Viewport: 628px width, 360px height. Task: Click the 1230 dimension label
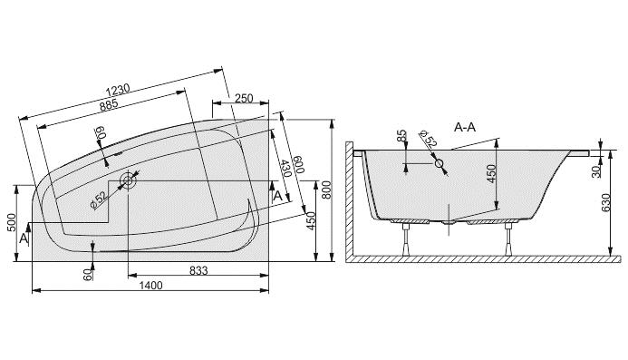coord(118,90)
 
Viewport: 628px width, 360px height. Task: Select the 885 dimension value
coord(109,105)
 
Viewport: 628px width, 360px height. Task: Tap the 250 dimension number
coord(244,98)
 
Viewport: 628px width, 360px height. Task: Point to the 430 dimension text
coord(285,169)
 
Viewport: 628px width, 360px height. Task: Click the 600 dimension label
coord(299,164)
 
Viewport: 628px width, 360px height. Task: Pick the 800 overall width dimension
coord(326,190)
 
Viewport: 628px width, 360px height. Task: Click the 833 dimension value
coord(198,271)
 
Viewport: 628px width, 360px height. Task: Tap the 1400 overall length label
coord(150,286)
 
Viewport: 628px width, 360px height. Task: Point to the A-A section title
coord(465,128)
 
